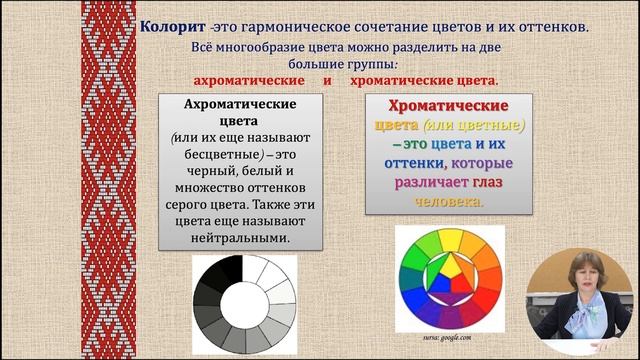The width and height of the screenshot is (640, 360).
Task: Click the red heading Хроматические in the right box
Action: [x=434, y=105]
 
